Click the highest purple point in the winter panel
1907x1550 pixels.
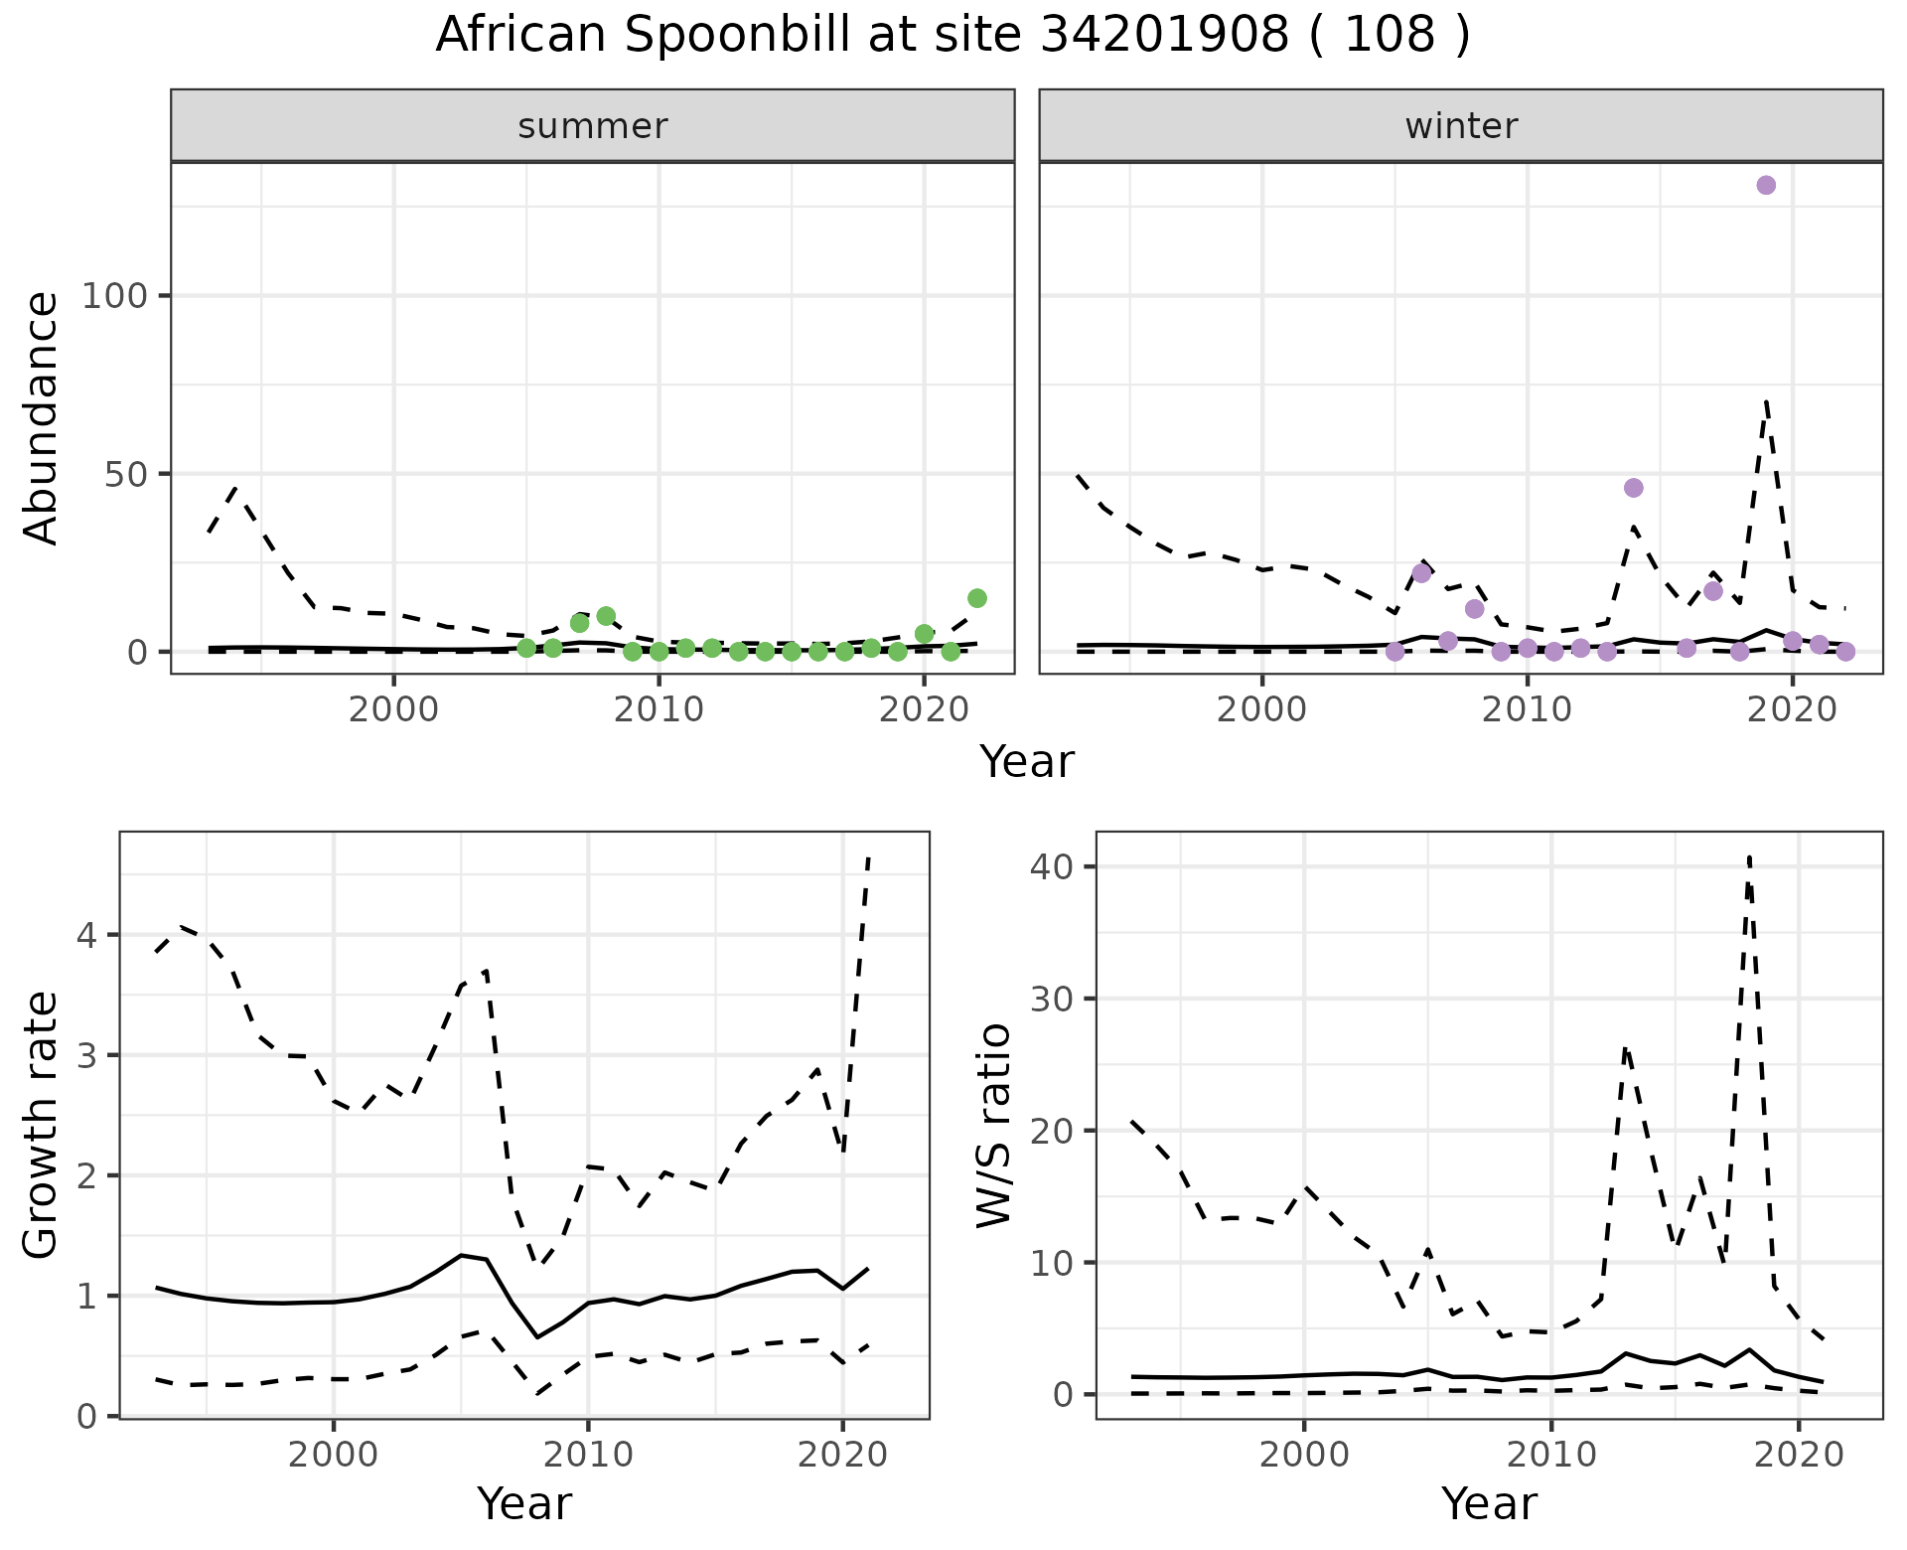coord(1766,185)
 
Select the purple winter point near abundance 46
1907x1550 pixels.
coord(1634,488)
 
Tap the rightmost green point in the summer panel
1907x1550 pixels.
coord(977,598)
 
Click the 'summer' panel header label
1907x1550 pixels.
coord(593,126)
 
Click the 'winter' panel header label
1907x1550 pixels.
coord(1461,126)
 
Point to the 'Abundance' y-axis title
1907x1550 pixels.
coord(42,418)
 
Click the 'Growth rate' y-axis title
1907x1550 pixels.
coord(42,1126)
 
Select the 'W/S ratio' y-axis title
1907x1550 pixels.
coord(994,1126)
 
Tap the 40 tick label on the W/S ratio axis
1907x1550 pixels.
coord(1052,866)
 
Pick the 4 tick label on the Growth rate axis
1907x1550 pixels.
coord(86,936)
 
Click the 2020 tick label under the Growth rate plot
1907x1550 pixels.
coord(843,1456)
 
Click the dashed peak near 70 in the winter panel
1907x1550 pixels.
coord(1766,401)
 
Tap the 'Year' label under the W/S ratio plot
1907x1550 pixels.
coord(1489,1503)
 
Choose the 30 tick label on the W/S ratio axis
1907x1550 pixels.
coord(1052,999)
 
